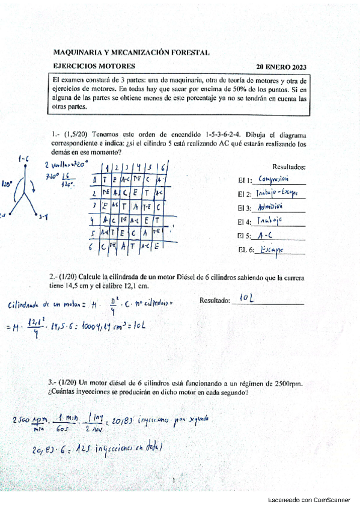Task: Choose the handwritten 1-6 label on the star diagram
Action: (x=24, y=158)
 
